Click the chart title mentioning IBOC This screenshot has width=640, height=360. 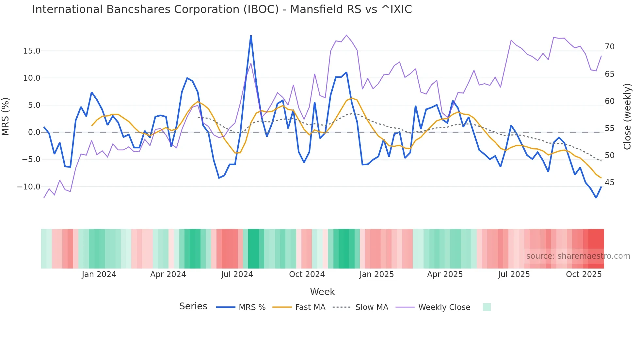pyautogui.click(x=222, y=9)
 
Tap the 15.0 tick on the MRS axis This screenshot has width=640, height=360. pyautogui.click(x=32, y=51)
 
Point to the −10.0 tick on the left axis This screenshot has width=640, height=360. pyautogui.click(x=29, y=187)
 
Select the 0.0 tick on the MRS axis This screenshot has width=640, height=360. pyautogui.click(x=34, y=132)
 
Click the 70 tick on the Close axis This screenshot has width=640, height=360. pyautogui.click(x=609, y=47)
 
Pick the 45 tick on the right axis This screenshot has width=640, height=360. pyautogui.click(x=609, y=183)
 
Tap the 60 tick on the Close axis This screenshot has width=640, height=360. pyautogui.click(x=609, y=101)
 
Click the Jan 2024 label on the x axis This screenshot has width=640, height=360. pyautogui.click(x=99, y=274)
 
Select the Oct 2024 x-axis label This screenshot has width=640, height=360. pyautogui.click(x=307, y=274)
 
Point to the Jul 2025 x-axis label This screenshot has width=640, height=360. pyautogui.click(x=514, y=274)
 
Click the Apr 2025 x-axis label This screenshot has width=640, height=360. pyautogui.click(x=445, y=274)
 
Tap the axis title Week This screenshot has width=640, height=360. pyautogui.click(x=322, y=292)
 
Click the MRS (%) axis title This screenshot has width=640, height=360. pyautogui.click(x=6, y=116)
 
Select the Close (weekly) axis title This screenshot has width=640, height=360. pyautogui.click(x=627, y=117)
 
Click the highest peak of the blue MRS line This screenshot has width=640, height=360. pyautogui.click(x=251, y=36)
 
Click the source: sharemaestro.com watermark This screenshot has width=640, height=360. pyautogui.click(x=578, y=256)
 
